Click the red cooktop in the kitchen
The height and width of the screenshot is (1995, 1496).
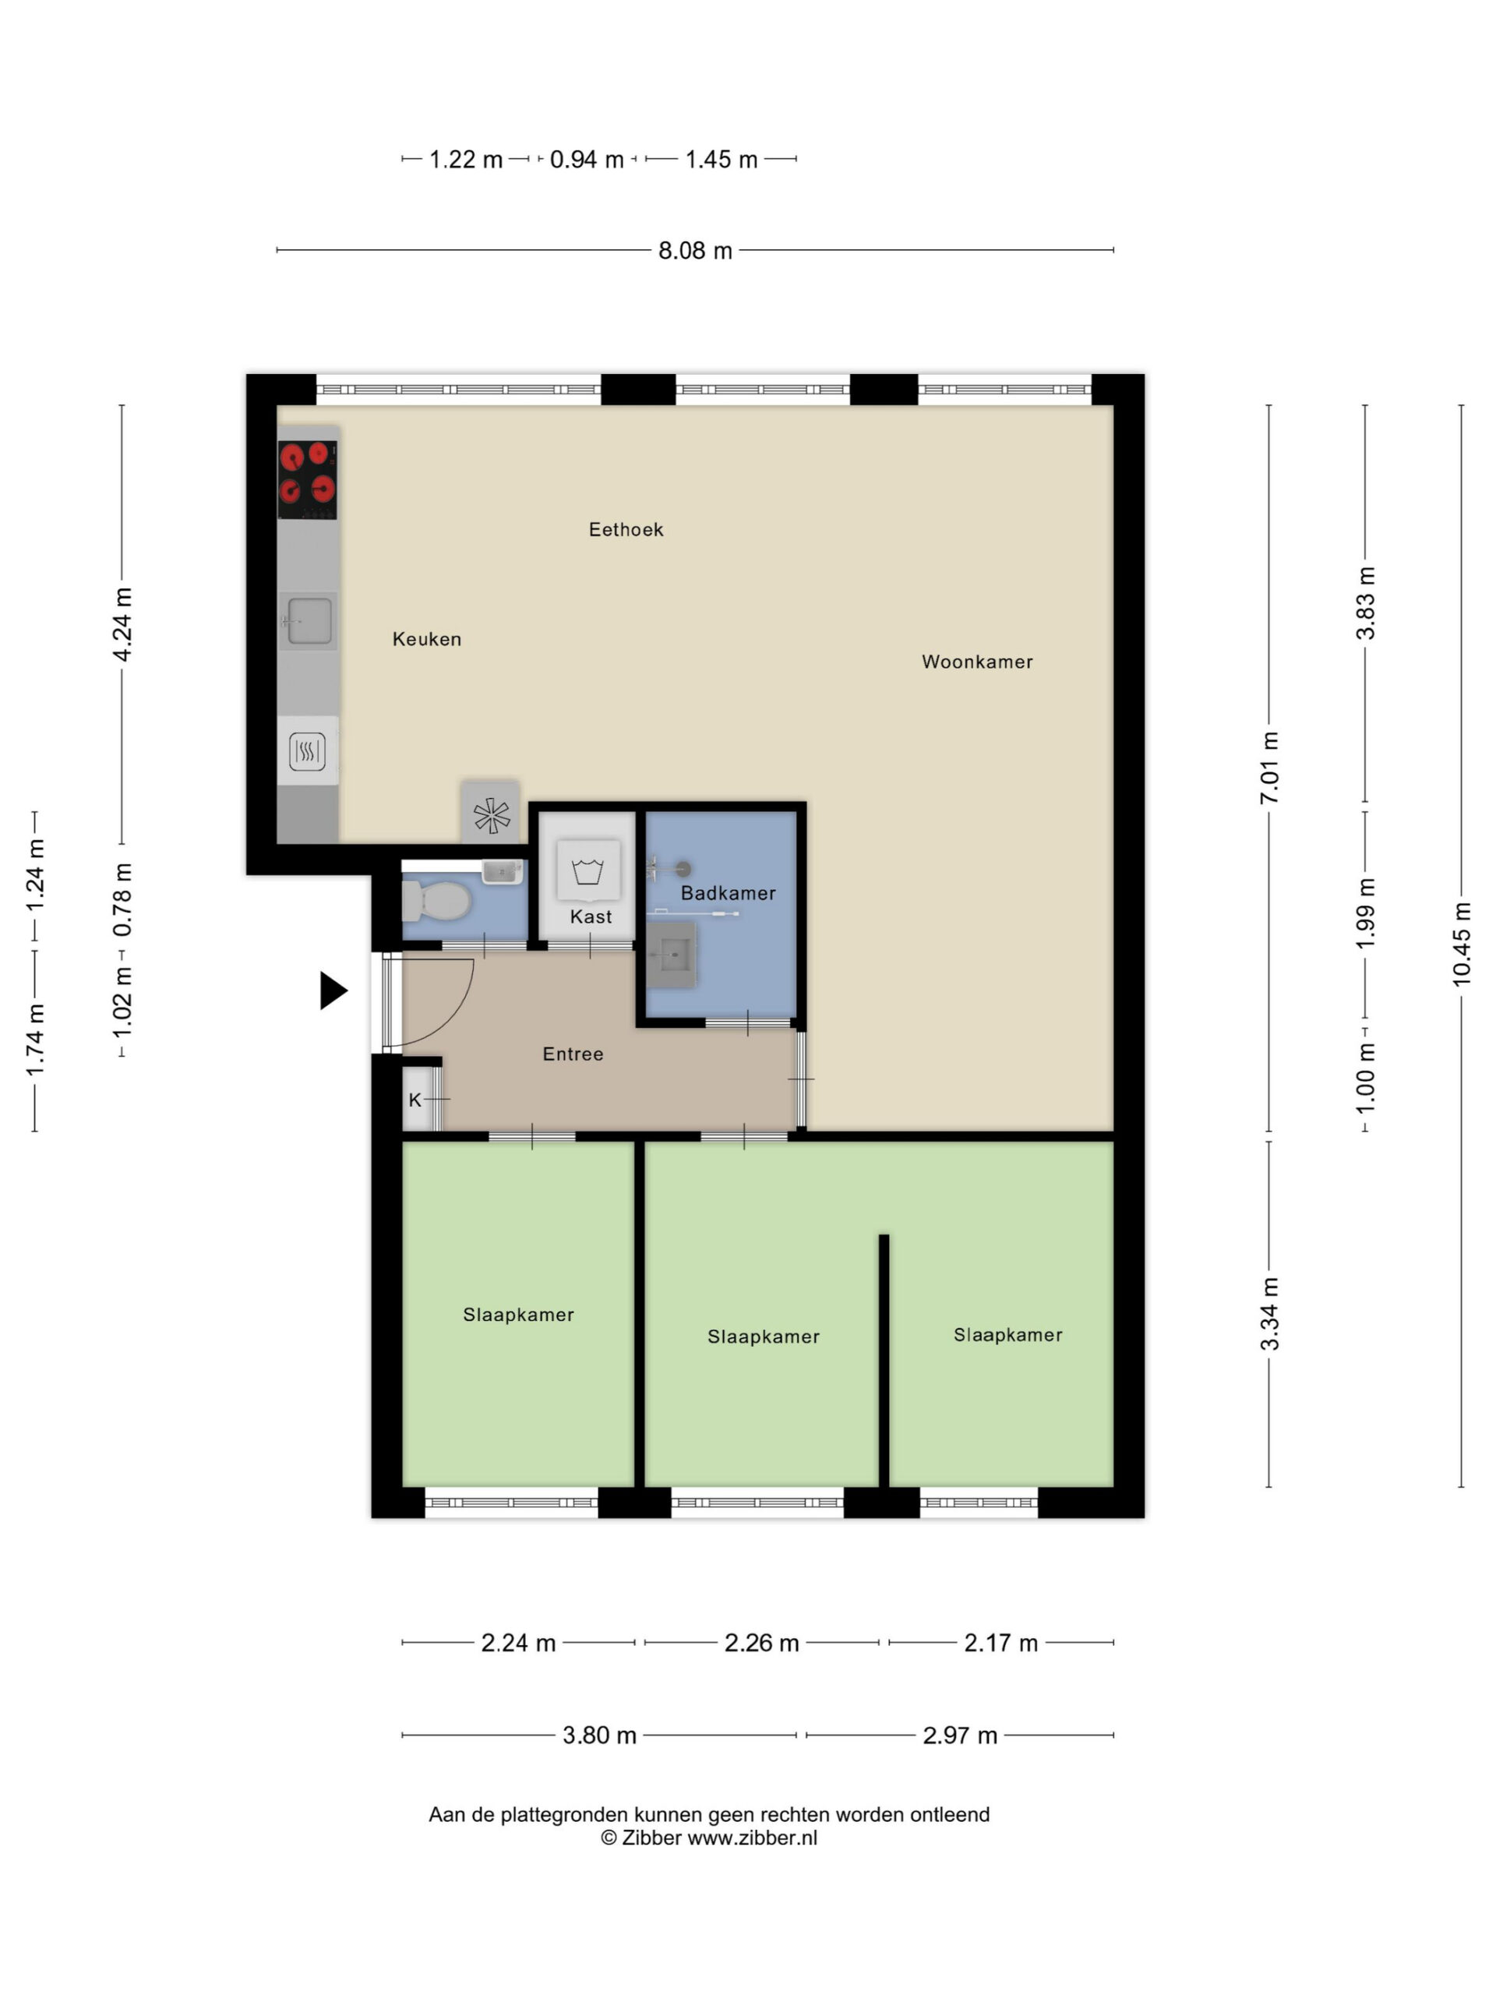(306, 480)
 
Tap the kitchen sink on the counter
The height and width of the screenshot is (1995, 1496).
(308, 620)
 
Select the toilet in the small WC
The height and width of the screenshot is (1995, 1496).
(436, 900)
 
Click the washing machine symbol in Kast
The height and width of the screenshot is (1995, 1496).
(588, 871)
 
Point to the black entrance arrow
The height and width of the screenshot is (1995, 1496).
(333, 990)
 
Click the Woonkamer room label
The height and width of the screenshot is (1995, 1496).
(976, 662)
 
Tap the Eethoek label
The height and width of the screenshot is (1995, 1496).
(626, 529)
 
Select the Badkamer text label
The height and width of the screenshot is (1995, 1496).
(728, 893)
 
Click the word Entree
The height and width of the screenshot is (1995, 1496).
(573, 1054)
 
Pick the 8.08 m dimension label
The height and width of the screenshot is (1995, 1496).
(694, 250)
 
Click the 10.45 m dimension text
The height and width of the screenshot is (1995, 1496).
(1461, 945)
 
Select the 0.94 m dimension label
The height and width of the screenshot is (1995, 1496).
(586, 160)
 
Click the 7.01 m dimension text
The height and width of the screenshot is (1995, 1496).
(1268, 768)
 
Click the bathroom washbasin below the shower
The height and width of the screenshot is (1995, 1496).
(671, 953)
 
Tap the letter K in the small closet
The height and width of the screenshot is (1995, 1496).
(415, 1100)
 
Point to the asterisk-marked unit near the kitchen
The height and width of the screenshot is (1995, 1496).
(491, 814)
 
